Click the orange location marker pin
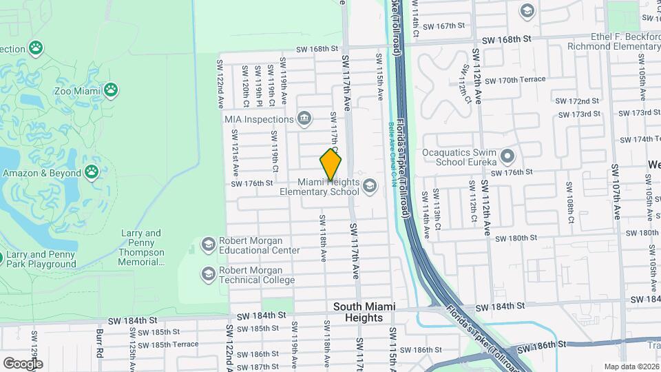(x=330, y=165)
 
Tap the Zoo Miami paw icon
(x=111, y=90)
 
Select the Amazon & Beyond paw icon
(x=92, y=173)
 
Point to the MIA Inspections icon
(x=304, y=119)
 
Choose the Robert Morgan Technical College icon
(x=207, y=275)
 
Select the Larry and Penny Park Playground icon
(x=1, y=259)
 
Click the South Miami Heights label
(x=357, y=312)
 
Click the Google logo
(x=22, y=363)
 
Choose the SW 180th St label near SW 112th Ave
(x=518, y=238)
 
